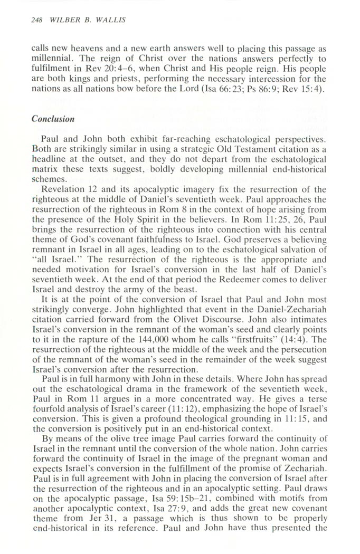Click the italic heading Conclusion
pos(53,119)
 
